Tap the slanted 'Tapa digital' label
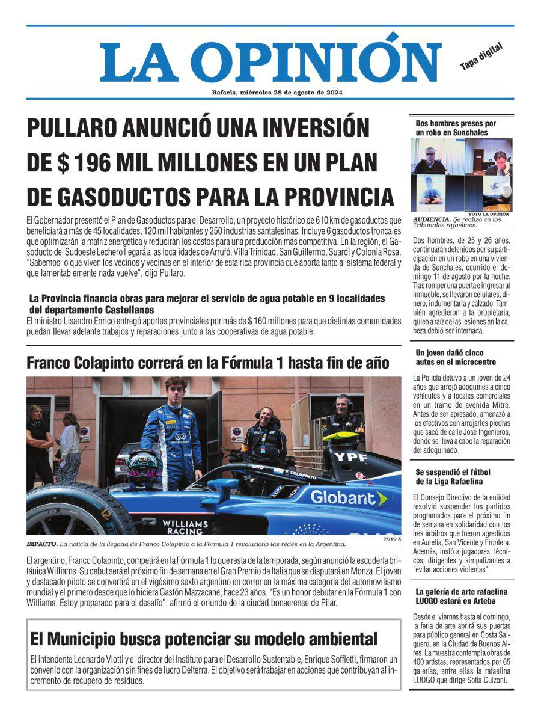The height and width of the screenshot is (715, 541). click(481, 57)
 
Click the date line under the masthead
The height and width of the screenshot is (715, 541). click(277, 93)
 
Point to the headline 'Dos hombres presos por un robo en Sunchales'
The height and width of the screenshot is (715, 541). click(456, 127)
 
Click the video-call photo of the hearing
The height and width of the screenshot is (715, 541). click(462, 174)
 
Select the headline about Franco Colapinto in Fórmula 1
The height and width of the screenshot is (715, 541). click(207, 363)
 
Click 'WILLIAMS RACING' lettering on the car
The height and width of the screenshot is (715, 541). click(185, 527)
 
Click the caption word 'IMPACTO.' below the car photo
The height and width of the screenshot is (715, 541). click(41, 544)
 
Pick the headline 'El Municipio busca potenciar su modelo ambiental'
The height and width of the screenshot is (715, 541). click(204, 638)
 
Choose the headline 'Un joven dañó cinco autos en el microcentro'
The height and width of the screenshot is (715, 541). click(456, 357)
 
